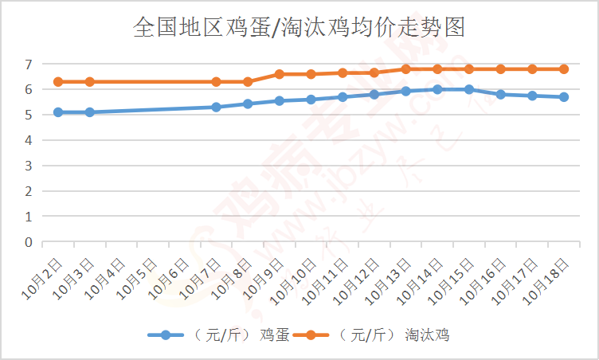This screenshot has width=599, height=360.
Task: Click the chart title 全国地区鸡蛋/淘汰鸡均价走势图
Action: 299,28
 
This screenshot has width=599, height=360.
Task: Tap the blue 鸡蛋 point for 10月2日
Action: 58,112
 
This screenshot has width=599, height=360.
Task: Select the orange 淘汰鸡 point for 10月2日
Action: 58,82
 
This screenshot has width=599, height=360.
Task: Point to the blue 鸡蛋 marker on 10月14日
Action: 437,89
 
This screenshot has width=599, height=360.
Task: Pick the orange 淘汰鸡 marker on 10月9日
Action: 280,74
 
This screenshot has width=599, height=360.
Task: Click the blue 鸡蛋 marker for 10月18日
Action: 564,97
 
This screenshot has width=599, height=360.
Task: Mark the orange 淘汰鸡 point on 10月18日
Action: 564,69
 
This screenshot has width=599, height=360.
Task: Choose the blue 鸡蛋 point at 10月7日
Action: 216,107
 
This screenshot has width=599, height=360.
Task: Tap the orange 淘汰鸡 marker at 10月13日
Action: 405,69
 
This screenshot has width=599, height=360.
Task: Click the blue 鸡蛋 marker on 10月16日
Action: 500,94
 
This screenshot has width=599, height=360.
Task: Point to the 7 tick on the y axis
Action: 28,64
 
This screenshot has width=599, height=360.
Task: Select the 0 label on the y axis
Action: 28,242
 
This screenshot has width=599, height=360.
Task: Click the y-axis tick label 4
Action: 28,140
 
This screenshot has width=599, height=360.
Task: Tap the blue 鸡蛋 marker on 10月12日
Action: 374,94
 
